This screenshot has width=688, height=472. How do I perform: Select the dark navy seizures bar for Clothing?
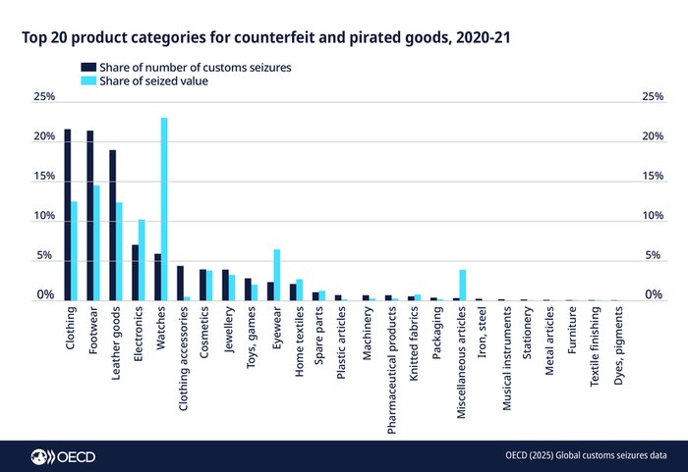[x=67, y=215]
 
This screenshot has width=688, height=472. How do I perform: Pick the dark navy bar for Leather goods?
[x=112, y=225]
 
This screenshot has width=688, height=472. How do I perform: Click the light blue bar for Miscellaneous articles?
[x=462, y=285]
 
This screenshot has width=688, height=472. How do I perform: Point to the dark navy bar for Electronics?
[x=135, y=272]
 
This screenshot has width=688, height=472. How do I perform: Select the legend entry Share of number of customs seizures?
[x=187, y=68]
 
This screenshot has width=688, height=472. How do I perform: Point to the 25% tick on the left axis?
[x=43, y=98]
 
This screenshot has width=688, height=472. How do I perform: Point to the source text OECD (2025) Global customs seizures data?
[x=586, y=455]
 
